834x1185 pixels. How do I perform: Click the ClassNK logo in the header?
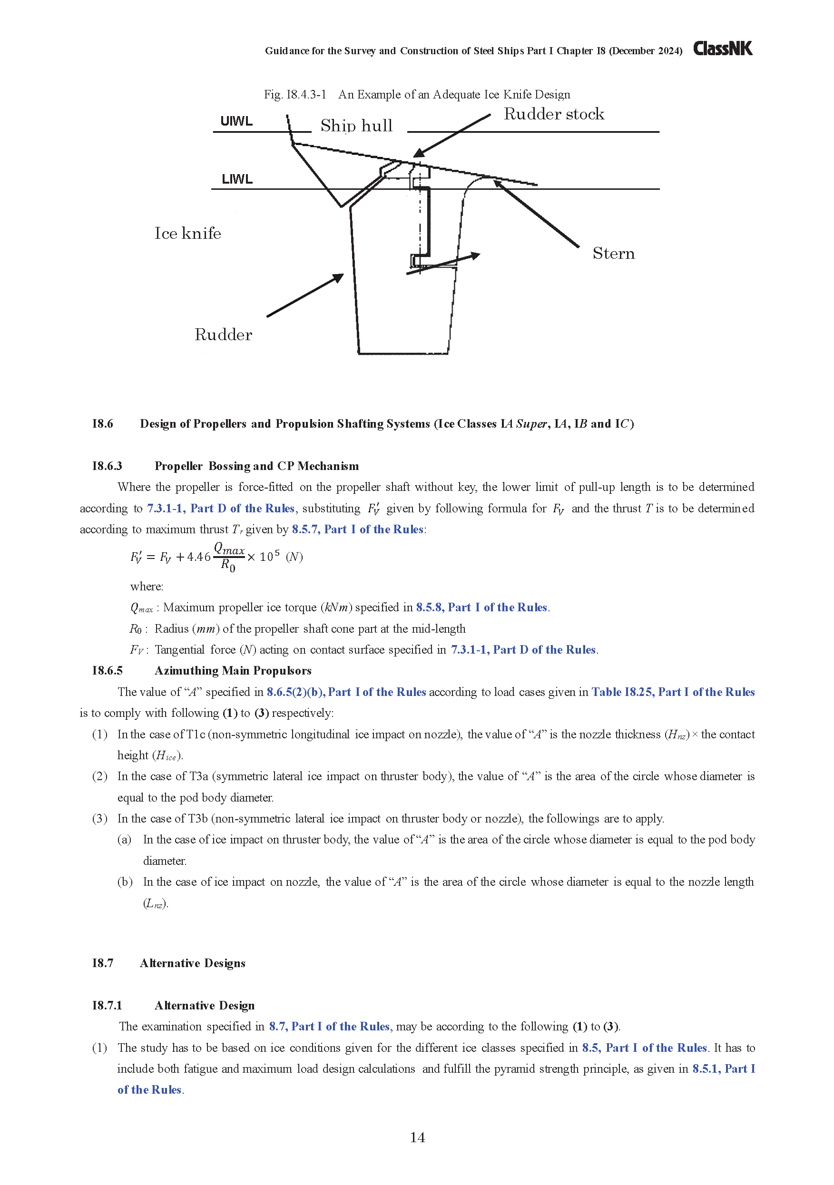pyautogui.click(x=722, y=49)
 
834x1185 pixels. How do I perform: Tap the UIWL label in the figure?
pyautogui.click(x=236, y=121)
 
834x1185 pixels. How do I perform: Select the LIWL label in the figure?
pyautogui.click(x=237, y=179)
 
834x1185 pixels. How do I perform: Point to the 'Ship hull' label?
pyautogui.click(x=356, y=126)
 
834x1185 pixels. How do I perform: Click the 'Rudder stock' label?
pyautogui.click(x=554, y=114)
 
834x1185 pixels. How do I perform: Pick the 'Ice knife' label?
pyautogui.click(x=188, y=233)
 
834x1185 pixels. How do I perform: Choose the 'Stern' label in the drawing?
pyautogui.click(x=614, y=254)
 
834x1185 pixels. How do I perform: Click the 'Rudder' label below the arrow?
pyautogui.click(x=224, y=334)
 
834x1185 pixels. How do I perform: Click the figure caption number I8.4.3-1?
pyautogui.click(x=294, y=95)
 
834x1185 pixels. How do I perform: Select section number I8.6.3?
pyautogui.click(x=107, y=466)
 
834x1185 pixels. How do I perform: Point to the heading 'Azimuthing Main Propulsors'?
pyautogui.click(x=233, y=670)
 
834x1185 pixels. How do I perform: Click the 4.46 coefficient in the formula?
pyautogui.click(x=199, y=557)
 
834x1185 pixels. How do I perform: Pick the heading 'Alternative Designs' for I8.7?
pyautogui.click(x=193, y=963)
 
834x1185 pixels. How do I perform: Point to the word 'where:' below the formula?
pyautogui.click(x=147, y=586)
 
